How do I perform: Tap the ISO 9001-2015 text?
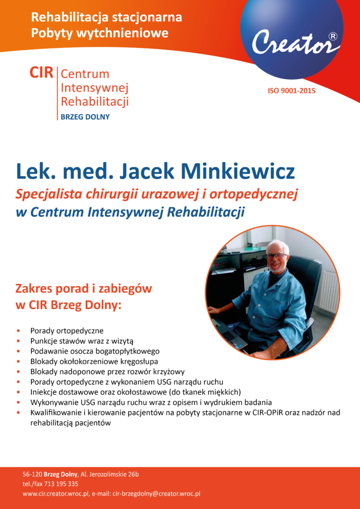click(x=291, y=90)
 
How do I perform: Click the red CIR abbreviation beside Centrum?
click(x=41, y=73)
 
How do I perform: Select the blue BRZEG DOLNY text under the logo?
click(x=85, y=117)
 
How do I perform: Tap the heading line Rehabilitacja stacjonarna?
click(x=106, y=18)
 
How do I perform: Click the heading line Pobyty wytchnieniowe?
click(x=99, y=33)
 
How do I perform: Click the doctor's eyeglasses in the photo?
click(x=276, y=256)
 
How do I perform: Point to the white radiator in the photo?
click(x=329, y=291)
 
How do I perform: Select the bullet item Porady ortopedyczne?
click(x=67, y=330)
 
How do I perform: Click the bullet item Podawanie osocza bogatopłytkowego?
click(x=94, y=351)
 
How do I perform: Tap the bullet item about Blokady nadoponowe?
click(x=107, y=371)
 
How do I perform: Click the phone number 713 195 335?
click(x=57, y=484)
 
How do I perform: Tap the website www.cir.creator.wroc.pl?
click(x=56, y=494)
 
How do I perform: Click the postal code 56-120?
click(x=32, y=474)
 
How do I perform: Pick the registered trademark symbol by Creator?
click(x=332, y=36)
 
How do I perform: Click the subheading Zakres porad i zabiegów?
click(x=84, y=289)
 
